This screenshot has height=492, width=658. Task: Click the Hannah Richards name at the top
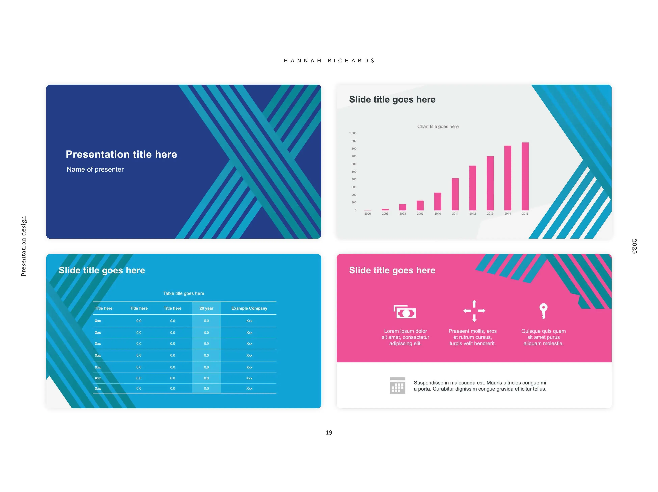pos(329,61)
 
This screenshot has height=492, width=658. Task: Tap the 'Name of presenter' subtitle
pos(95,169)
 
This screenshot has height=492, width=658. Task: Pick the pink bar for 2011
pos(455,194)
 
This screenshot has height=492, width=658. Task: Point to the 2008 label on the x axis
pos(402,214)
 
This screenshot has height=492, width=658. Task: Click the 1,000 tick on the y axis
pos(353,133)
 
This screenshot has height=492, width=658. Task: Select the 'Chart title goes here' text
pos(438,127)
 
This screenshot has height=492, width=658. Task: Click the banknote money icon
pos(405,312)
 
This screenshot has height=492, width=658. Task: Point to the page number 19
pos(329,433)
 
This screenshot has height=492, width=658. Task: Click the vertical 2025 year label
pos(635,246)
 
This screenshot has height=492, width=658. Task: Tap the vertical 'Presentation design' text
pos(23,246)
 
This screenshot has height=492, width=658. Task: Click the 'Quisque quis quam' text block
pos(544,337)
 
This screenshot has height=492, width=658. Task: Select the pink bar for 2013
pos(490,183)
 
